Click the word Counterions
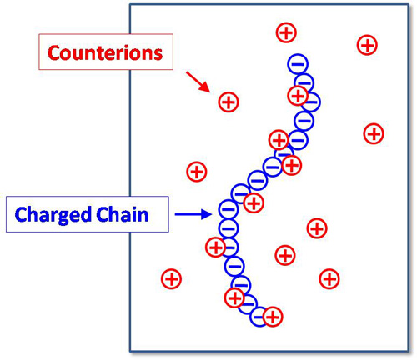[105, 52]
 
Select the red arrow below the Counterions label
[198, 82]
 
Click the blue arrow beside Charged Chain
[193, 214]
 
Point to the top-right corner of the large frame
[409, 4]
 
